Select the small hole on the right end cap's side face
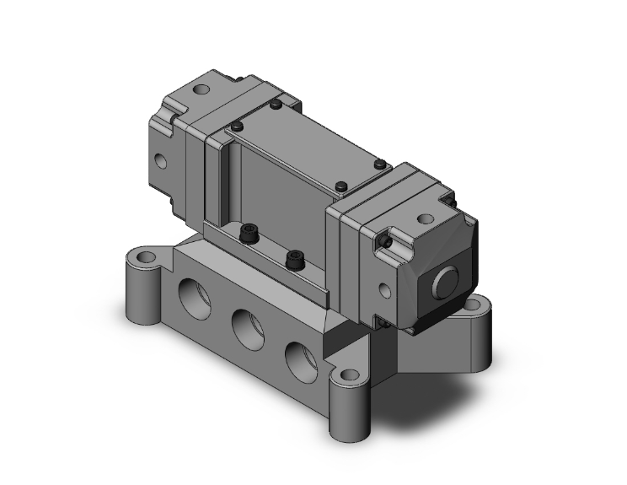click(x=385, y=291)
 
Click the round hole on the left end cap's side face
click(x=160, y=158)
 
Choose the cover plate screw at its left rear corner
click(x=275, y=105)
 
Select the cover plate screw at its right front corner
click(x=340, y=186)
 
